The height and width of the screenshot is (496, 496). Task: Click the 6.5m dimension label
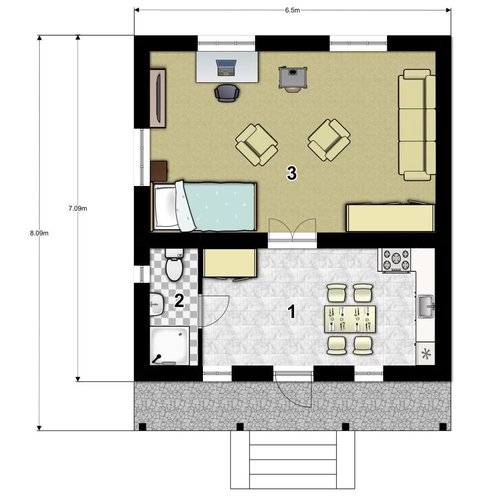coord(292,10)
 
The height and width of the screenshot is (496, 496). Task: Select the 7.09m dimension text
coord(77,208)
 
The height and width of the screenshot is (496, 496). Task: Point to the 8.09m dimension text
coord(39,233)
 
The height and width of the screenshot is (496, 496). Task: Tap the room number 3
coord(292,173)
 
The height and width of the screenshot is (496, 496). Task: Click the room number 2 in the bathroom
coord(179,301)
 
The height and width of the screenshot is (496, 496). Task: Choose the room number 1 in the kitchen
coord(291,311)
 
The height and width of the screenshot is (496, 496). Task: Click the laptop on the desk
coord(226,68)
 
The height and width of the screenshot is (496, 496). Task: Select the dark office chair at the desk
coord(227,93)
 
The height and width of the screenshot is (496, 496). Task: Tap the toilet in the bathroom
coord(174,264)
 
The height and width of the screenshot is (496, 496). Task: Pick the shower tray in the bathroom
coord(170,346)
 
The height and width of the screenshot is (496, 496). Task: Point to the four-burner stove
coord(396,260)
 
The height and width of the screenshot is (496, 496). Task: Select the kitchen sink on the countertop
coord(426,306)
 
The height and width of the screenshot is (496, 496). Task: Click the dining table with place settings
coord(350,319)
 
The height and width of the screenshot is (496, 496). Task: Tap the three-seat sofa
coord(417,125)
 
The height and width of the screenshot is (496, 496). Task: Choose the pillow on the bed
coord(166,207)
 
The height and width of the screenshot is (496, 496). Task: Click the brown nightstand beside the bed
coord(159,171)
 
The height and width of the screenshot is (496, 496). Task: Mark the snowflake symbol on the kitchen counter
coord(426,354)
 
